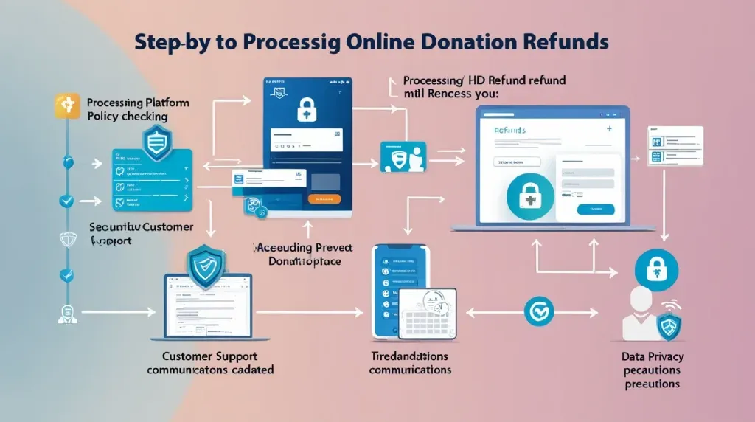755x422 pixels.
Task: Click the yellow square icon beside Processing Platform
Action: [67, 107]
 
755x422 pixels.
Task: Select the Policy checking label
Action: [127, 117]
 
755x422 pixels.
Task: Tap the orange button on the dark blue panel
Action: [323, 198]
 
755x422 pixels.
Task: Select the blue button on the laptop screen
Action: [596, 210]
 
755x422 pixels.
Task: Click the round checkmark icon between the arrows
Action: [537, 310]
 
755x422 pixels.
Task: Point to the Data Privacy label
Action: [652, 356]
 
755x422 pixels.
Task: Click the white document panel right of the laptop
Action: [675, 145]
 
